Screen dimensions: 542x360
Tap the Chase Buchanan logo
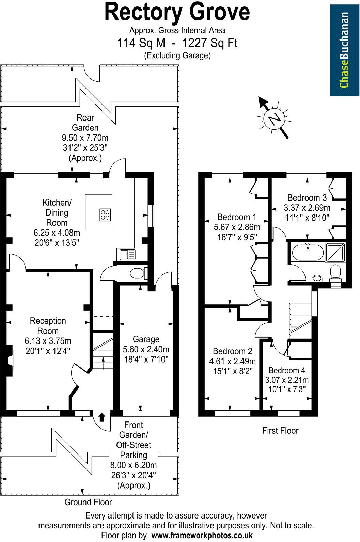click(344, 50)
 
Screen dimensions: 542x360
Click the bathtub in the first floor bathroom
click(308, 253)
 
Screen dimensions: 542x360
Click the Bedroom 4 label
click(287, 371)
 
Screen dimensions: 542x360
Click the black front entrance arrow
click(101, 417)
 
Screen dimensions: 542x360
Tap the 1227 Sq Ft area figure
click(210, 43)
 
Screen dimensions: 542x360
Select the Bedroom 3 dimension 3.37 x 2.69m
click(307, 208)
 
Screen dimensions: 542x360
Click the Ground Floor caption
click(88, 502)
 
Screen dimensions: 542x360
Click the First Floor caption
click(280, 431)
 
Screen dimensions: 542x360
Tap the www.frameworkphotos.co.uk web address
click(202, 535)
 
